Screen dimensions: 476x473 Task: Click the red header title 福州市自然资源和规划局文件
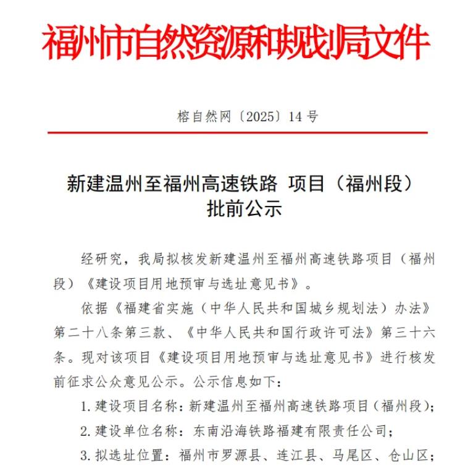pyautogui.click(x=236, y=43)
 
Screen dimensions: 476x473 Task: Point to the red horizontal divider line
pyautogui.click(x=237, y=132)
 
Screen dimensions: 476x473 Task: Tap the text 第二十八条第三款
pyautogui.click(x=111, y=332)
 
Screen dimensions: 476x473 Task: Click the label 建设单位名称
pyautogui.click(x=131, y=431)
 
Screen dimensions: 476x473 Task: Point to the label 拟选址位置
pyautogui.click(x=125, y=456)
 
